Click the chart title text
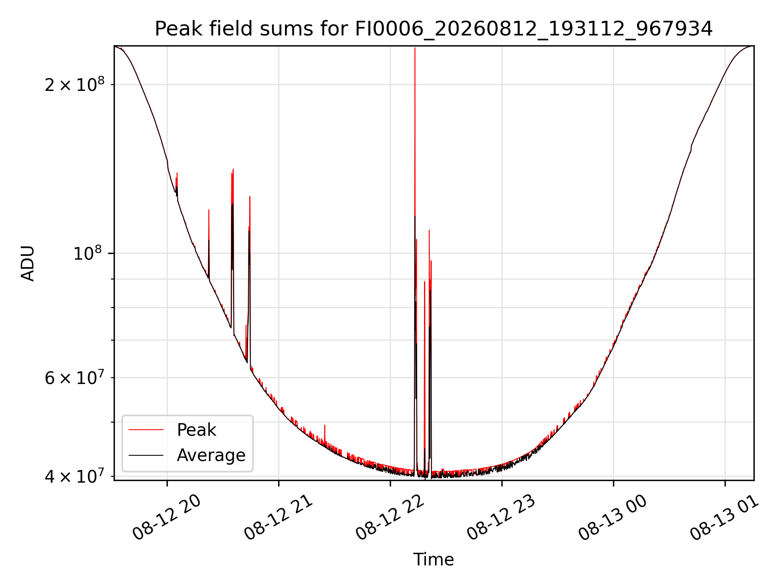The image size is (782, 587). tap(434, 29)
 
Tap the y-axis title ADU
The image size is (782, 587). tap(28, 263)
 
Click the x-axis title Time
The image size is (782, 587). tap(434, 560)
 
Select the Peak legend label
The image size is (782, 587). tap(196, 430)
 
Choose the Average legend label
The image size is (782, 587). tap(211, 455)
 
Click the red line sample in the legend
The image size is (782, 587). tap(146, 430)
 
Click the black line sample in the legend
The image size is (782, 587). tap(146, 455)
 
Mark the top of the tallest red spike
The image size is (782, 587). tap(415, 48)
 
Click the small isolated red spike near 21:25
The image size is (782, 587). tap(325, 426)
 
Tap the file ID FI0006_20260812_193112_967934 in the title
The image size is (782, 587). tap(534, 29)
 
